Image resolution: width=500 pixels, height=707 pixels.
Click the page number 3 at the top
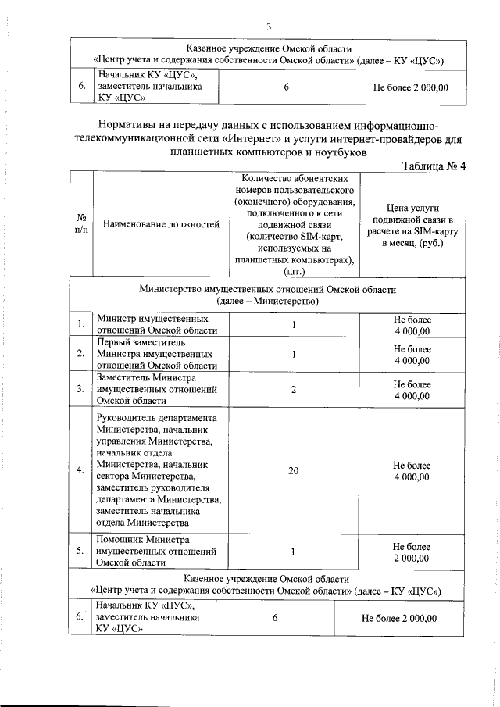click(268, 27)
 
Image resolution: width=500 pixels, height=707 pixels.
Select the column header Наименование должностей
click(161, 224)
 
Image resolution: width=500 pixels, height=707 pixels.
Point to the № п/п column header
click(80, 224)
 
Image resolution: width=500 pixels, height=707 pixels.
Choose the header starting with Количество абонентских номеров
click(294, 225)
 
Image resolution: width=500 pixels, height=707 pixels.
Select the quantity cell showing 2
click(294, 388)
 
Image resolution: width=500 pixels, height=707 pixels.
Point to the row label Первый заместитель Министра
click(156, 354)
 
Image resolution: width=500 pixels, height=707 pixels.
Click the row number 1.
click(80, 324)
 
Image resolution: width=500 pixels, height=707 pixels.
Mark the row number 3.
click(80, 388)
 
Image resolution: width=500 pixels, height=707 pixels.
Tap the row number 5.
click(80, 552)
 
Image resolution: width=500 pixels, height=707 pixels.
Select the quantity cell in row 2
click(294, 354)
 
